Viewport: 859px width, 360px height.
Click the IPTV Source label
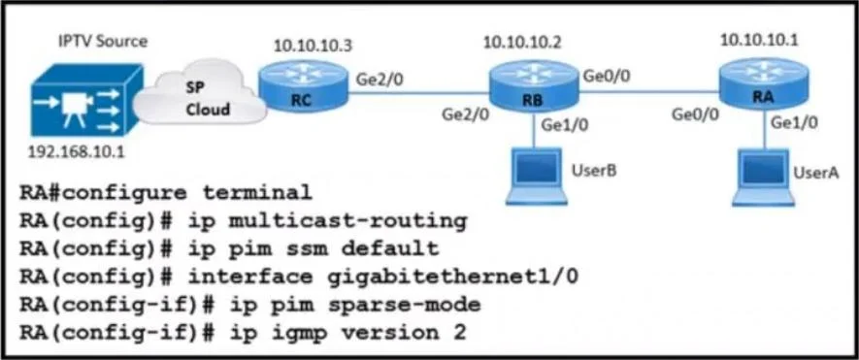click(x=103, y=41)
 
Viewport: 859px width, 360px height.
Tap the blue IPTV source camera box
click(x=86, y=101)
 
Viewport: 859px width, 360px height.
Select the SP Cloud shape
click(x=200, y=94)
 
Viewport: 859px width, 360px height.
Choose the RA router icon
click(x=763, y=85)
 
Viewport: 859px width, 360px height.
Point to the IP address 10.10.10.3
click(x=313, y=46)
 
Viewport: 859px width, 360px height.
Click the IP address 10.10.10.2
click(x=522, y=43)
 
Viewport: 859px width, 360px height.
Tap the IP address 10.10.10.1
click(x=759, y=40)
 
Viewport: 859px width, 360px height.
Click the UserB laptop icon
click(x=535, y=177)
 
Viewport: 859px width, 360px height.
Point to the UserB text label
click(x=594, y=171)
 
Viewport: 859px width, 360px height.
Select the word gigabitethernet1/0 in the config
click(x=453, y=277)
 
